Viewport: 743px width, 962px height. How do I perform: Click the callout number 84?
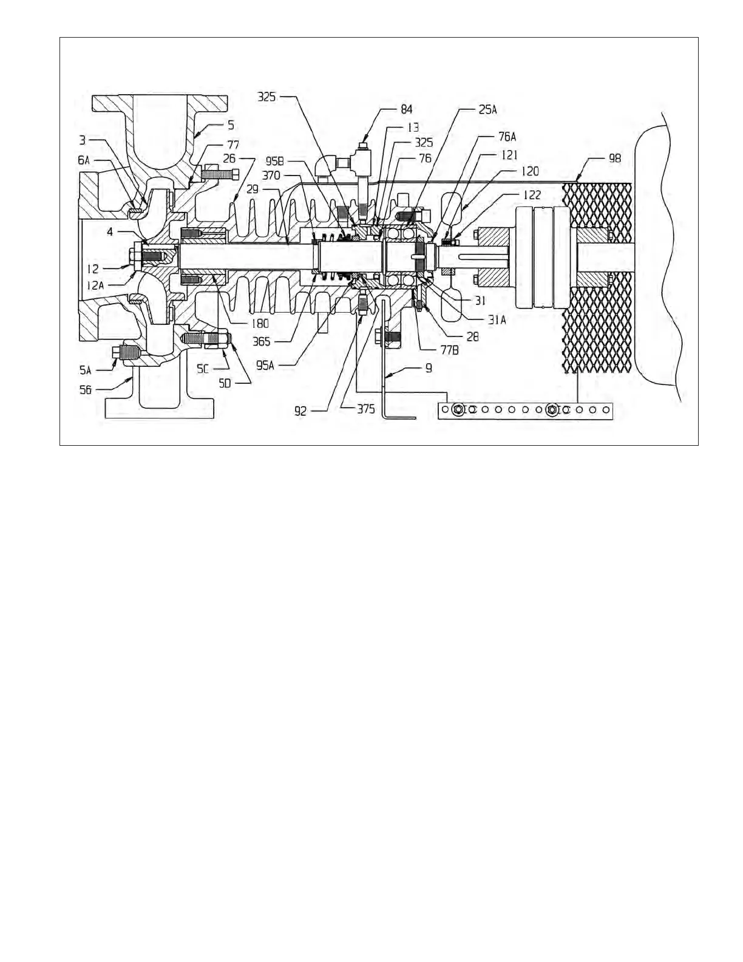point(407,109)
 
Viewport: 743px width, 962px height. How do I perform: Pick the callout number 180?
point(261,324)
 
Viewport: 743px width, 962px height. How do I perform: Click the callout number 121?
point(507,156)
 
